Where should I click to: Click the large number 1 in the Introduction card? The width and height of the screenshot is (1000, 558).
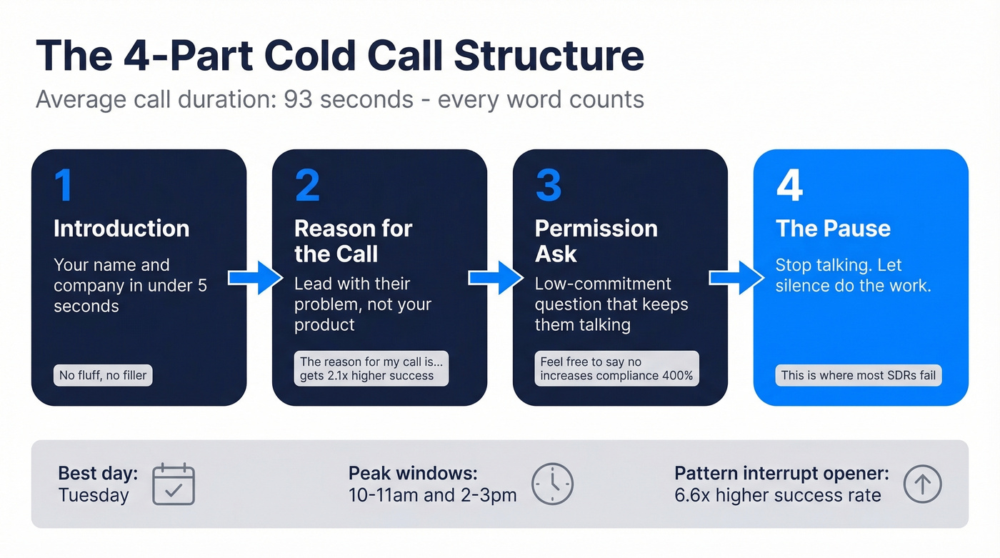point(63,185)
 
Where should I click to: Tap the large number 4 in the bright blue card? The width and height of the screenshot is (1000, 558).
point(789,185)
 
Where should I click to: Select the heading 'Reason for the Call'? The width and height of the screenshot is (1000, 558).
point(353,241)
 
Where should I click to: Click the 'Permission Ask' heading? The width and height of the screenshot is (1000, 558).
point(596,241)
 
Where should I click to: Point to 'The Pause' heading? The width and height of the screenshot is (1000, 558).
point(833,229)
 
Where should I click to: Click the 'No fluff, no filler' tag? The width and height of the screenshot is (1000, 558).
point(103,375)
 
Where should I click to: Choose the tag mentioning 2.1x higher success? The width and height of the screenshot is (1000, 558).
point(371,369)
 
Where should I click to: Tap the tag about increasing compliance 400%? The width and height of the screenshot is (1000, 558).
point(616,369)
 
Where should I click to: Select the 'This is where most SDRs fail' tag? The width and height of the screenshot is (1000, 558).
point(858,375)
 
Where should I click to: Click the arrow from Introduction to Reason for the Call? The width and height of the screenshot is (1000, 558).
point(255,277)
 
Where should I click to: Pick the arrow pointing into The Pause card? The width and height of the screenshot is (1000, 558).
point(736,277)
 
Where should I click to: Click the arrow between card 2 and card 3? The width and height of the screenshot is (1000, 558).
point(496,277)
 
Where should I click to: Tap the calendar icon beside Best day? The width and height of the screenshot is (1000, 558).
point(174,484)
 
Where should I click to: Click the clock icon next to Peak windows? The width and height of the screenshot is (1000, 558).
point(553,484)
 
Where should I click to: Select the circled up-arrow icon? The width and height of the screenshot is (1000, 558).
point(922,484)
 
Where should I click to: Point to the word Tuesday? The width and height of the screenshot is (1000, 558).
point(94,495)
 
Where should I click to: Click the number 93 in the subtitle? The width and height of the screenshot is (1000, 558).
point(301,99)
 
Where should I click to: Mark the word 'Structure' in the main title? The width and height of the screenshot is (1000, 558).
point(549,56)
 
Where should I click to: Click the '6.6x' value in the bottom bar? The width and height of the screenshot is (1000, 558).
point(692,495)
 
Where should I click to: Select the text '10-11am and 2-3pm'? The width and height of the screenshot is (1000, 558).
point(432,495)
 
